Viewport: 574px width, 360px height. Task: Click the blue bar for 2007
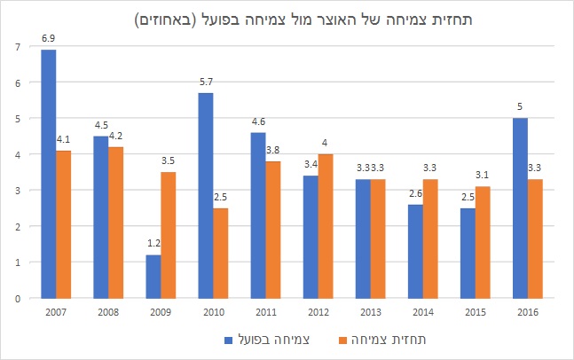(49, 174)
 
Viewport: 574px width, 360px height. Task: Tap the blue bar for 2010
(206, 195)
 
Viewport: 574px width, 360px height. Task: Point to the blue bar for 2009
(153, 277)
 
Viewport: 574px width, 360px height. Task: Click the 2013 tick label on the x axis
(372, 311)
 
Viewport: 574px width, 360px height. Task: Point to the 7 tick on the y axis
(17, 46)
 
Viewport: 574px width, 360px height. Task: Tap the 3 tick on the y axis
(17, 190)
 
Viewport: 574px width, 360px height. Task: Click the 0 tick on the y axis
(17, 299)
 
